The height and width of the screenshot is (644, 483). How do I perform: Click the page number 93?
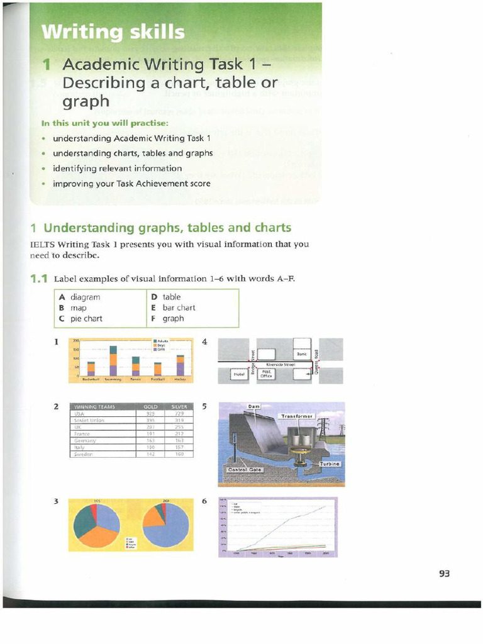point(445,573)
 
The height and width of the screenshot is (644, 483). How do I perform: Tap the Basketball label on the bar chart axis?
point(91,379)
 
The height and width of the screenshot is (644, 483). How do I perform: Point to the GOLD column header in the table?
point(150,406)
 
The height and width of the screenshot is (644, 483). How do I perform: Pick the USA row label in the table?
point(79,414)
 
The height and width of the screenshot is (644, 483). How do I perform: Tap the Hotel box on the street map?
point(238,374)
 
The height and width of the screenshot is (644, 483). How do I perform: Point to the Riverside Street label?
point(280,364)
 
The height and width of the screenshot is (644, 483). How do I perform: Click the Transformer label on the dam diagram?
point(297,416)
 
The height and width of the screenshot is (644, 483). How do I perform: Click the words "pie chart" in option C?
point(86,318)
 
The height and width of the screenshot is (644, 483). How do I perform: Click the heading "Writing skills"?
point(113,31)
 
